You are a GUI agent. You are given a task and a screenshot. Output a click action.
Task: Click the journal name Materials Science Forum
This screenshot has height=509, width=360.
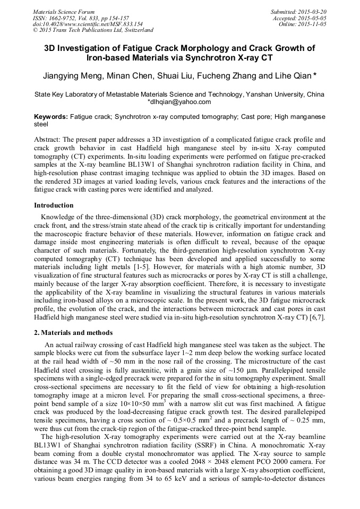tap(64, 12)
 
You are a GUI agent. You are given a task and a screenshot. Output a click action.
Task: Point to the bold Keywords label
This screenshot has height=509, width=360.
tap(51, 116)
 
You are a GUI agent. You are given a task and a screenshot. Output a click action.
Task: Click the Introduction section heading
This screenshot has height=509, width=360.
tap(54, 205)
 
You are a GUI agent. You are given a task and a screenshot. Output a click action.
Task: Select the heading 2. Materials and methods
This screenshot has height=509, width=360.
tap(73, 333)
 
